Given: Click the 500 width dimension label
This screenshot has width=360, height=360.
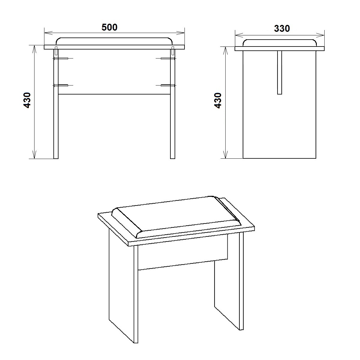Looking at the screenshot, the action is click(x=109, y=27).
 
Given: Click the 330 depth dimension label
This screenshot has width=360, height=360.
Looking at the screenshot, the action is click(x=282, y=28).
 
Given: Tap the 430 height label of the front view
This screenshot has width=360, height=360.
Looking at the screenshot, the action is click(x=27, y=100).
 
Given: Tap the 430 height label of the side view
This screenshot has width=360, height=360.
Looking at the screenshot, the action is click(x=218, y=100).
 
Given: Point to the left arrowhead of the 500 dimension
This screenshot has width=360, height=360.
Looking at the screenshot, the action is click(x=49, y=33).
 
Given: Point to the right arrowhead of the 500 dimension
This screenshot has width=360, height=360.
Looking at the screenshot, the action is click(x=181, y=33).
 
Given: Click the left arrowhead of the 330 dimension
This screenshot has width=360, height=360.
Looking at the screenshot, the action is click(x=239, y=35).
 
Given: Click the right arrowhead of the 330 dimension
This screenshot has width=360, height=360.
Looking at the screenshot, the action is click(x=320, y=35).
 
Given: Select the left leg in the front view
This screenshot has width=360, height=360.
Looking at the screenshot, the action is click(x=56, y=104).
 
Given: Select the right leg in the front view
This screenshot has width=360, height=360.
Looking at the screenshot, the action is click(x=172, y=104).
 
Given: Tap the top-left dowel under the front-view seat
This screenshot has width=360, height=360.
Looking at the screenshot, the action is click(x=56, y=51).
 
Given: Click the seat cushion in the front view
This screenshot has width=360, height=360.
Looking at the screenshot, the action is click(x=114, y=41).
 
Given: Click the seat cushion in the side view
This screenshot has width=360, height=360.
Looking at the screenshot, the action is click(x=280, y=43).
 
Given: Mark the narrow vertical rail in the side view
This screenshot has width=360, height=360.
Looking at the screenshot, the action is click(x=280, y=73).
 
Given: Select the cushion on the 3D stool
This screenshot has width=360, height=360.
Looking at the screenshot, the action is click(x=176, y=217).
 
